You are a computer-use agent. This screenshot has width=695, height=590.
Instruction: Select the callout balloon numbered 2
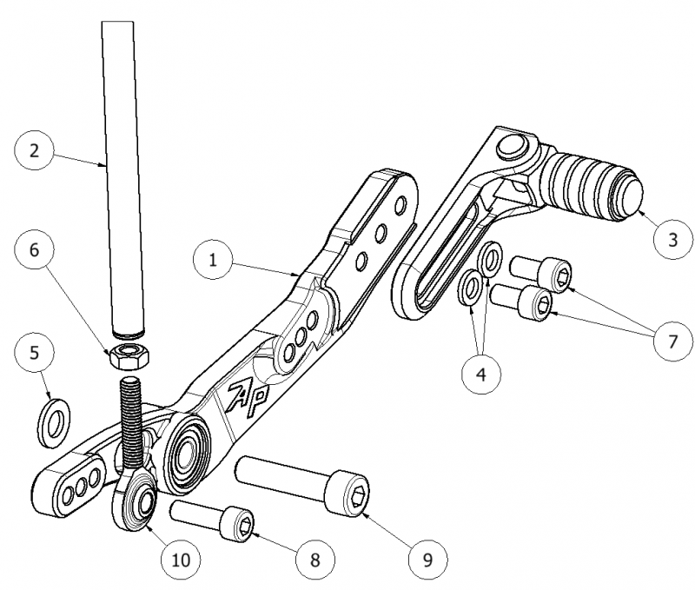click(35, 149)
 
